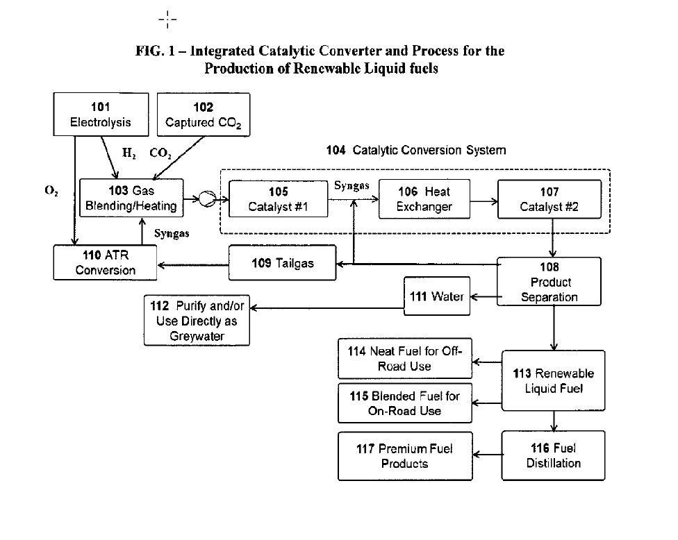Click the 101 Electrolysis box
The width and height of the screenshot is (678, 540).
(x=101, y=115)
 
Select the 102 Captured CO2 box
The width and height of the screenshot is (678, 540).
(x=203, y=115)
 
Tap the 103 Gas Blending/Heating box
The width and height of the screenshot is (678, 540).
(x=132, y=198)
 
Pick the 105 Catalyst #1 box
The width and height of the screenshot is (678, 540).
(x=277, y=199)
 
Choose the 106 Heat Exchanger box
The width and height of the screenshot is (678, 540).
(x=424, y=199)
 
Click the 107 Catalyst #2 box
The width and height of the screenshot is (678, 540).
(x=549, y=199)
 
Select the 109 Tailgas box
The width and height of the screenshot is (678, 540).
(x=283, y=264)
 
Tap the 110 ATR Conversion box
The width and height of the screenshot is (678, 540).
(x=106, y=263)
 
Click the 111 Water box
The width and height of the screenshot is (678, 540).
(x=437, y=297)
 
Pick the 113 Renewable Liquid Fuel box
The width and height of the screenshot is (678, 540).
(x=553, y=381)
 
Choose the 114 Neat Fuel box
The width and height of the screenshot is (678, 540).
(x=405, y=359)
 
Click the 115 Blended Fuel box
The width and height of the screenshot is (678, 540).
(x=405, y=403)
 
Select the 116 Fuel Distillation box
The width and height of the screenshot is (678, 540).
(x=553, y=455)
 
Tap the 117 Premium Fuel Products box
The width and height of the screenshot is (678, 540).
(x=405, y=455)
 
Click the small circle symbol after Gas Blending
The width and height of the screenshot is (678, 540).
(x=206, y=199)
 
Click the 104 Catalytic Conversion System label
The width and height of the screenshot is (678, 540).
(x=415, y=150)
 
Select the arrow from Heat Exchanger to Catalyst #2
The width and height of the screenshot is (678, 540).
(x=483, y=201)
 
